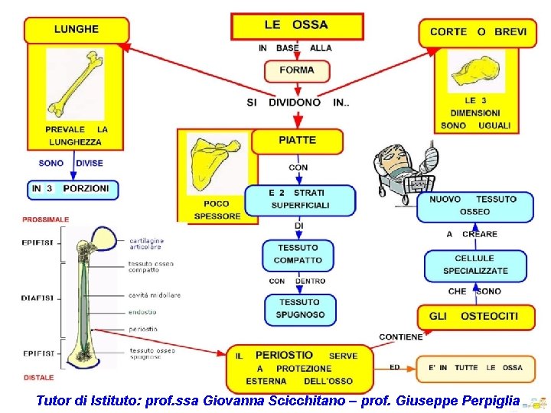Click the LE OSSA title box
coord(295,25)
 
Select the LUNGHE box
coord(77,30)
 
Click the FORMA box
coord(297,70)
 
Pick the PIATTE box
coord(297,141)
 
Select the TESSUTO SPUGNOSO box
coord(300,308)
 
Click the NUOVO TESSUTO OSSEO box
coord(474,206)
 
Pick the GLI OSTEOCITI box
coord(474,316)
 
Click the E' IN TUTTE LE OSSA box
coord(474,368)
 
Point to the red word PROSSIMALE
coord(46,220)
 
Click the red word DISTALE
coord(39,377)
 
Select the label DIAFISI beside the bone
coord(37,298)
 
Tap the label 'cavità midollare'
coord(155,295)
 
